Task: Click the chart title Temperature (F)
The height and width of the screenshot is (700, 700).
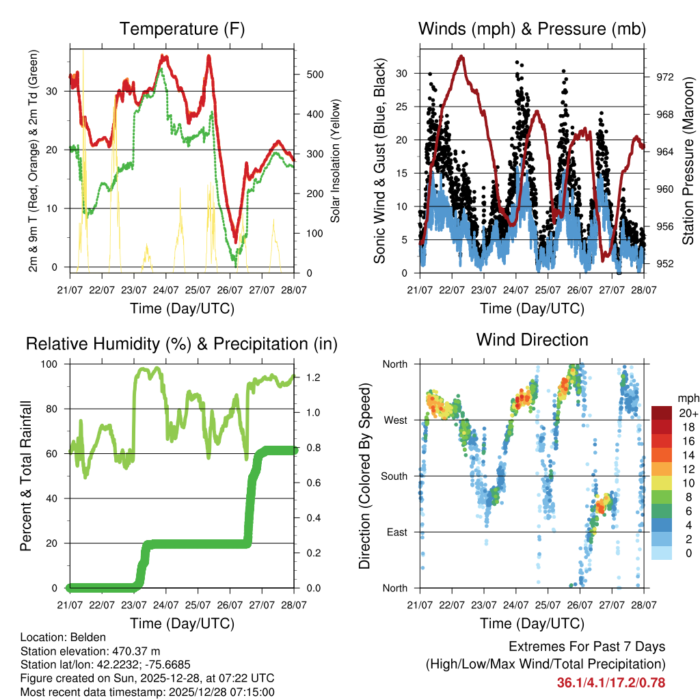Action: click(x=182, y=29)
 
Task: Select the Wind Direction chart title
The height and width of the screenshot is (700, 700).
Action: click(x=532, y=340)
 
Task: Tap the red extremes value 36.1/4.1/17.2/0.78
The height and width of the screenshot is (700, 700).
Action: click(x=611, y=682)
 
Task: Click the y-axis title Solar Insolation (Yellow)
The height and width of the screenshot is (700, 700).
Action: click(x=335, y=161)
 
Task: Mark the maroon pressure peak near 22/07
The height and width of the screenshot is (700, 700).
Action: click(x=462, y=57)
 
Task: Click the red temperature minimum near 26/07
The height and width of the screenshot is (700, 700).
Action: click(x=235, y=241)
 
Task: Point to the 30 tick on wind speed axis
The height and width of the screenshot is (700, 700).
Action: click(x=401, y=73)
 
